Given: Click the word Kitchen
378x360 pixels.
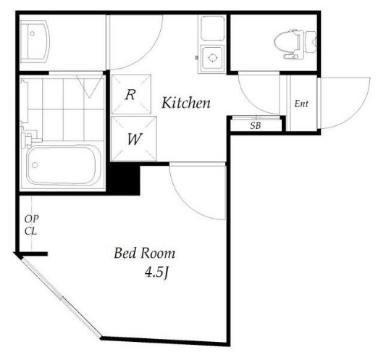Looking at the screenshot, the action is (x=186, y=103).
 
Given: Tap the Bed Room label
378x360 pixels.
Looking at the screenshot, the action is (x=145, y=254).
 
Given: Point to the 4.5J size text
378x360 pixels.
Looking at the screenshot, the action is (x=156, y=273).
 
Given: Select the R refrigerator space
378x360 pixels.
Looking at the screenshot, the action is (x=131, y=94).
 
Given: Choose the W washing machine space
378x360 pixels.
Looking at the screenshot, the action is (x=134, y=139).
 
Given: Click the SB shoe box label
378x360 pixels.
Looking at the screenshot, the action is (x=256, y=125).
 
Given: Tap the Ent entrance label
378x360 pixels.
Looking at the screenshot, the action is (x=301, y=104).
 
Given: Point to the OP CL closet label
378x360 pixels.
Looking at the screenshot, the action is (x=32, y=225).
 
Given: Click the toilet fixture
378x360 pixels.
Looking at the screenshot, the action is (x=295, y=44).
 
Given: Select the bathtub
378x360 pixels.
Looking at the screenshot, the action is (x=63, y=166).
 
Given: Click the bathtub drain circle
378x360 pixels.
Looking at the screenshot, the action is (x=35, y=165).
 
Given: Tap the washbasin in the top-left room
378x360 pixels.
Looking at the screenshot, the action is (x=35, y=41).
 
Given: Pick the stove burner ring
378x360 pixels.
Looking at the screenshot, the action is (x=212, y=58).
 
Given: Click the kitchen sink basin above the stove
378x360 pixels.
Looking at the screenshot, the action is (x=212, y=28).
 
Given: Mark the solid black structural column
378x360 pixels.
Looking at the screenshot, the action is (x=124, y=178).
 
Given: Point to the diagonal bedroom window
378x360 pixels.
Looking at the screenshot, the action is (x=60, y=296).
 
